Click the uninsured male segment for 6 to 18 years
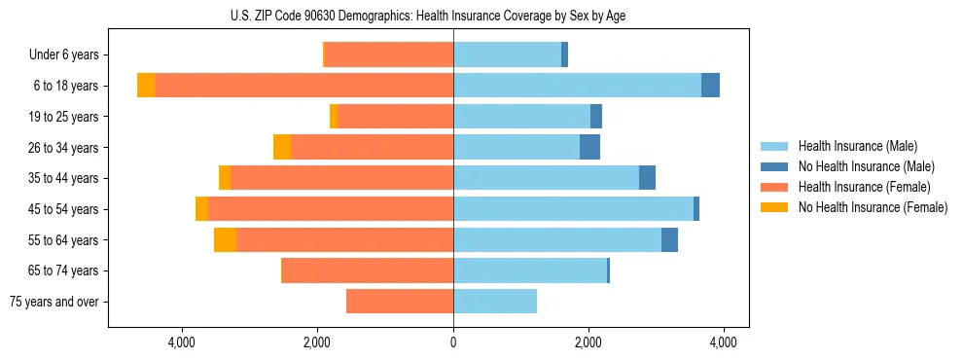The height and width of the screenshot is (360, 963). [x=710, y=86]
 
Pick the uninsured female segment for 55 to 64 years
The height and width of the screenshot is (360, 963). [x=225, y=240]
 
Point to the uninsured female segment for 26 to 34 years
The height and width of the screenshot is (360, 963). [x=282, y=147]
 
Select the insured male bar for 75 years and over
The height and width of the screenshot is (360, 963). [x=495, y=302]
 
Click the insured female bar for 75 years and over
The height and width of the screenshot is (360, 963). [x=400, y=302]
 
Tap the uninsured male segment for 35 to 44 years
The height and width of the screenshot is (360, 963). [x=647, y=178]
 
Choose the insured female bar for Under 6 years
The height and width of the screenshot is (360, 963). [x=389, y=54]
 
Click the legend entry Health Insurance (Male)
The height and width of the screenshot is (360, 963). [x=857, y=146]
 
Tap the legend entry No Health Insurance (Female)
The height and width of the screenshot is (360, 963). [x=872, y=207]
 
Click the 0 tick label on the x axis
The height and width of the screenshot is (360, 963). [x=453, y=342]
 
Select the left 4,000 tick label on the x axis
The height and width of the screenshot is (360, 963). [x=182, y=342]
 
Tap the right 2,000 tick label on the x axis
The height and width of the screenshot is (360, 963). [x=588, y=342]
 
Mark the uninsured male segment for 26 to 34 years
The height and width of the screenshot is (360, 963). [x=589, y=147]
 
